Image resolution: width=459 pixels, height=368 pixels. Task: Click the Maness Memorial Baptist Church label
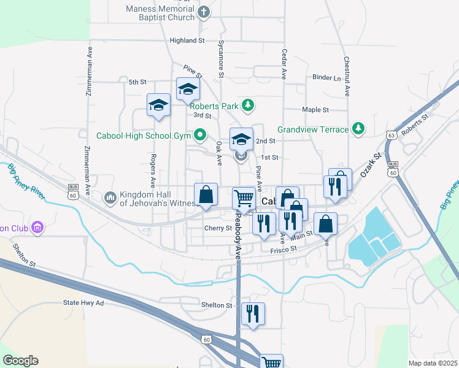pyautogui.click(x=160, y=13)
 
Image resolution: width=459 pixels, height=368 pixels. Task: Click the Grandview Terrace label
pyautogui.click(x=313, y=129)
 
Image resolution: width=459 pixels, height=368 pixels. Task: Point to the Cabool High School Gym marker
pyautogui.click(x=200, y=134)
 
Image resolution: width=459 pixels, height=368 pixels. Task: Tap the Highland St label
pyautogui.click(x=187, y=40)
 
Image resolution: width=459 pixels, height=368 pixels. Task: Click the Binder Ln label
pyautogui.click(x=326, y=78)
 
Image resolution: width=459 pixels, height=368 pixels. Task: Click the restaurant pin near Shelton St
pyautogui.click(x=252, y=313)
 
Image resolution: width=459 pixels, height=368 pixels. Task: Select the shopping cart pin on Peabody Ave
pyautogui.click(x=244, y=198)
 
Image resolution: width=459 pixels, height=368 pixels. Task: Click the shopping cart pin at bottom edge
pyautogui.click(x=271, y=362)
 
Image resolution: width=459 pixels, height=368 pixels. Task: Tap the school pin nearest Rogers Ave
pyautogui.click(x=158, y=105)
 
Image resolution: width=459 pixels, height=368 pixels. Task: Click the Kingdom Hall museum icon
pyautogui.click(x=110, y=197)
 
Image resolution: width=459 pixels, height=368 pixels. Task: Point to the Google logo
pyautogui.click(x=20, y=361)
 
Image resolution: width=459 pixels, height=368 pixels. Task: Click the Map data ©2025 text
pyautogui.click(x=433, y=363)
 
